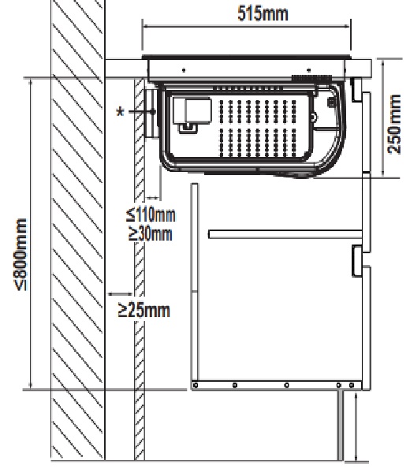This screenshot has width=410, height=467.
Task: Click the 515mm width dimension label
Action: pos(263,13)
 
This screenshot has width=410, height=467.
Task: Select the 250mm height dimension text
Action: pos(394,124)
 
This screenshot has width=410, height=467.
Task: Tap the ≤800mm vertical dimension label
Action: pos(21,255)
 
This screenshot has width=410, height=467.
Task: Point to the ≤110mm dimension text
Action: pos(151,215)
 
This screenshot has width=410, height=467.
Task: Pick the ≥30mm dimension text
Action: pos(151,233)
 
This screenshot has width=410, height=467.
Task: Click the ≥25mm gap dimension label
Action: pos(143,310)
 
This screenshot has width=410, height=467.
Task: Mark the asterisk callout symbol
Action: pos(120,112)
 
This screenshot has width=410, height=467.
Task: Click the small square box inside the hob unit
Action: pos(198,110)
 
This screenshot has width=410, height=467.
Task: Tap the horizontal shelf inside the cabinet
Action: pos(285,234)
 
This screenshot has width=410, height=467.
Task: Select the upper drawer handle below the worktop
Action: pos(356,89)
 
